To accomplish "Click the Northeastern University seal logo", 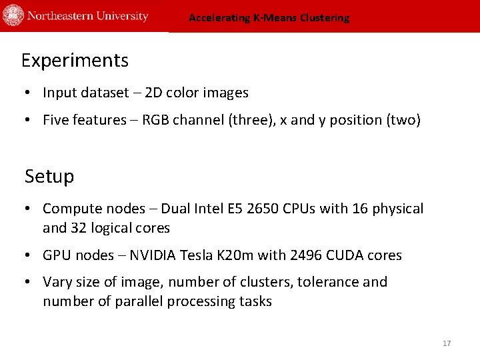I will coord(13,15).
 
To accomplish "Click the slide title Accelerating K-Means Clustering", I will coord(269,18).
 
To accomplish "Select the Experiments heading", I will coord(75,61).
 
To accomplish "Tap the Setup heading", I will coord(49,177).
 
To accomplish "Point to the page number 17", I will coord(447,343).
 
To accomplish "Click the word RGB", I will coord(156,120).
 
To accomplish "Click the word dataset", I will coord(106,93).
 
